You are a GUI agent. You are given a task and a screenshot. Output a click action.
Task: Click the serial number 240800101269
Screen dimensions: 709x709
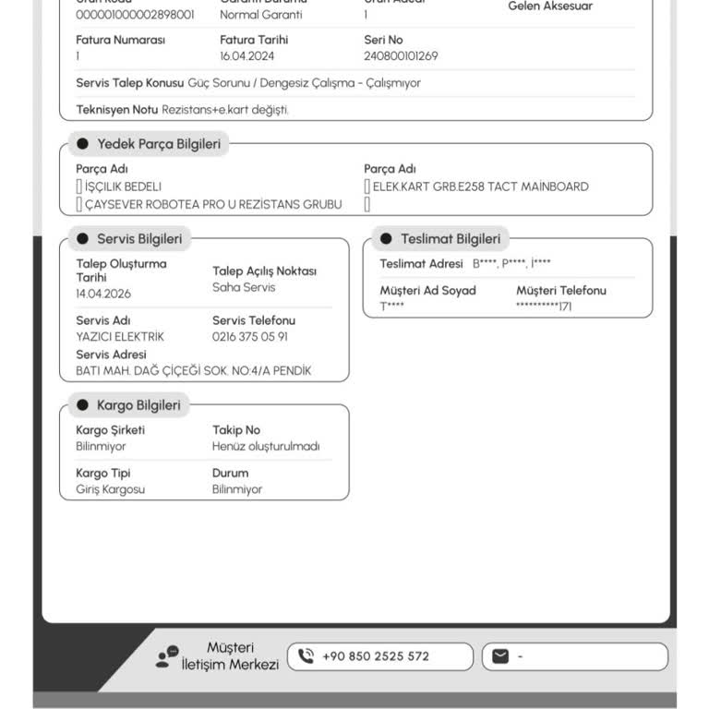401,56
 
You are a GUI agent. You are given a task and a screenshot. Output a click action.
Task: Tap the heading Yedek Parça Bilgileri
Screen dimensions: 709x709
159,144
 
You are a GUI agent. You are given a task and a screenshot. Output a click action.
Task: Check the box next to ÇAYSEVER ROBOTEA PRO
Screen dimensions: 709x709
79,205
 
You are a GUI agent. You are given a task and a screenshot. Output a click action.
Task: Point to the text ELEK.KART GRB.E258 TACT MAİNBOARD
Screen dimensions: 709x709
480,186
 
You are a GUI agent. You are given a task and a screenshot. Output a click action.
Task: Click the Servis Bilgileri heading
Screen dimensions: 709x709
139,239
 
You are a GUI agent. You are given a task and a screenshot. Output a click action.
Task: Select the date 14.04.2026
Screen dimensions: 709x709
103,294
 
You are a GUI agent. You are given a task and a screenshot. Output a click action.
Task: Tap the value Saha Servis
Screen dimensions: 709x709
244,288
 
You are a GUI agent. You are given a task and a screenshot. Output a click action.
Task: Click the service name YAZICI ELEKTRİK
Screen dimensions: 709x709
120,337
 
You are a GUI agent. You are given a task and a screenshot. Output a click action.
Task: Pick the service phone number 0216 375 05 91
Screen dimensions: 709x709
249,337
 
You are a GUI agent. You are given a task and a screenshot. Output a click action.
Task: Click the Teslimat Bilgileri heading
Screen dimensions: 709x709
451,239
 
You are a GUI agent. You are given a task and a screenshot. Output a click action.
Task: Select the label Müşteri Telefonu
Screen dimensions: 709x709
561,291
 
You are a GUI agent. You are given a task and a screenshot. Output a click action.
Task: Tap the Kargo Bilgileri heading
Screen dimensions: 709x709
138,405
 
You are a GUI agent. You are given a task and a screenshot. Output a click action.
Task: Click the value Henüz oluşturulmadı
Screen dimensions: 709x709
266,447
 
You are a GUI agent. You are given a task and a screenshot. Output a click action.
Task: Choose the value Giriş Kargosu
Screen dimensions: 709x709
110,490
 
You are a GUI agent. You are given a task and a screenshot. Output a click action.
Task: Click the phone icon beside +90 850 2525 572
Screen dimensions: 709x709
306,656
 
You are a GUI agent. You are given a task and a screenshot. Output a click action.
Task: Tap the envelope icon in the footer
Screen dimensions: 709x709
500,656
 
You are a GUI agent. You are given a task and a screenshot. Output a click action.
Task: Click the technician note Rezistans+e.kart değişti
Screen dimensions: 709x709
225,110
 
